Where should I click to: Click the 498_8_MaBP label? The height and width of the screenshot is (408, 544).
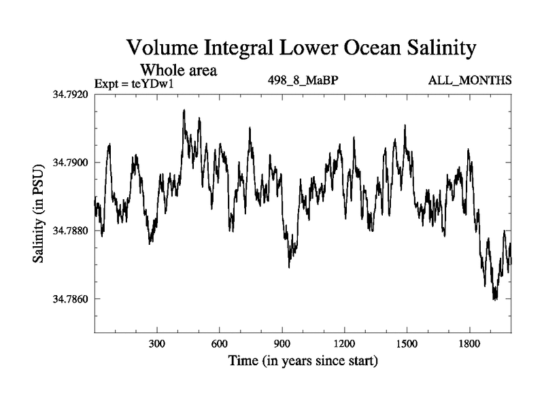point(304,81)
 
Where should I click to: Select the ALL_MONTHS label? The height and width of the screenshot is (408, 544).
point(470,81)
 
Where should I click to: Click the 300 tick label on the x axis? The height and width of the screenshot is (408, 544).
point(157,343)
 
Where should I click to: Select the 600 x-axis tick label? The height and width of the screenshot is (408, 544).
point(220,343)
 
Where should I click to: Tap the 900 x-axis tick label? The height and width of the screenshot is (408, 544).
point(282,343)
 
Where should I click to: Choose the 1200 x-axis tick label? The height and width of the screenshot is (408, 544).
point(344,343)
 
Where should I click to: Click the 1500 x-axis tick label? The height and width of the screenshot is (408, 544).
point(407,343)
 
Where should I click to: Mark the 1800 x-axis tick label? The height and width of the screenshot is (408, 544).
point(469,343)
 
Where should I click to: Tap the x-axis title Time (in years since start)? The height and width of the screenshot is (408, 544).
point(303,360)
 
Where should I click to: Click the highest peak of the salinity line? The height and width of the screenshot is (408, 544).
point(184,110)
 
